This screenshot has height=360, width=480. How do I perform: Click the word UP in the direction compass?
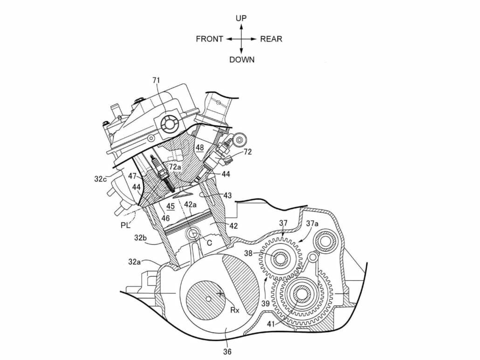(x=241, y=18)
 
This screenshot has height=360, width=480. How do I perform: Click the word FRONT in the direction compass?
(x=209, y=39)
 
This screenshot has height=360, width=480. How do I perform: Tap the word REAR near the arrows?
(x=271, y=39)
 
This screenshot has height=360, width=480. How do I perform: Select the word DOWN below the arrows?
(x=242, y=60)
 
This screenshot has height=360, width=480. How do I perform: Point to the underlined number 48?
(x=199, y=148)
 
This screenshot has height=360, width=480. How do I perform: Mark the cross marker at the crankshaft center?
(x=219, y=294)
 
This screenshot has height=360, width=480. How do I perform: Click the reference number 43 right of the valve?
(x=227, y=196)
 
